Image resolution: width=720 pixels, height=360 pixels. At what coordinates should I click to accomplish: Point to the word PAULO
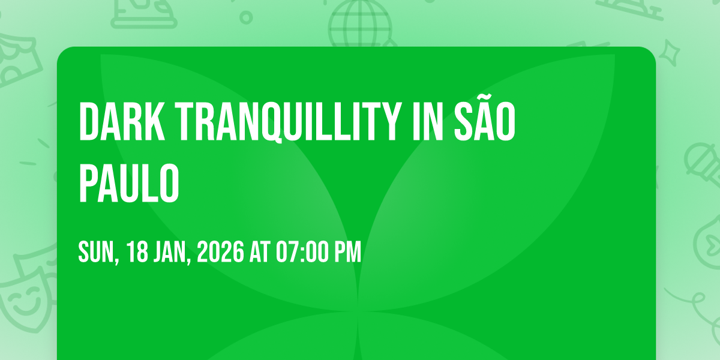click(x=129, y=183)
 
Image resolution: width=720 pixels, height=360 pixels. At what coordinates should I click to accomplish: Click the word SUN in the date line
click(x=98, y=253)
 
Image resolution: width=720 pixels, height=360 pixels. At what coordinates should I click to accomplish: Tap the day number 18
click(x=137, y=251)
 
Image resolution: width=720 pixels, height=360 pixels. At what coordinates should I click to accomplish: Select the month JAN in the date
click(x=172, y=253)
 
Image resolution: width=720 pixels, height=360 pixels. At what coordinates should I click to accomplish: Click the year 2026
click(x=221, y=251)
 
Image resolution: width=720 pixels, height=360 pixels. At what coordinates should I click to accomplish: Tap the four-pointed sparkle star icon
click(x=670, y=53)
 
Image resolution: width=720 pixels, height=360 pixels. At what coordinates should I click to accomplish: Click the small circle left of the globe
click(x=246, y=17)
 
